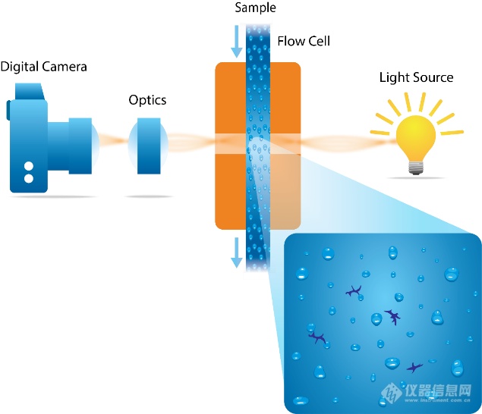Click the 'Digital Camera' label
pos(43,67)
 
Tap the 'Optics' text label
pos(147,100)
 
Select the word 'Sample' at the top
pos(256,8)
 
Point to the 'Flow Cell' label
pos(304,41)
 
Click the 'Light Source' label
pos(416,77)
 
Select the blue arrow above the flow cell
pos(237,42)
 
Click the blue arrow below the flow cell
pos(237,252)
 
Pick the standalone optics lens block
pos(147,146)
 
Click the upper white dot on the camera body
pos(29,166)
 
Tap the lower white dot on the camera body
pos(29,179)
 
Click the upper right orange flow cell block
pos(285,99)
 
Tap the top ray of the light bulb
pos(414,99)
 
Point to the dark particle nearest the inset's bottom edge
pos(414,369)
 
